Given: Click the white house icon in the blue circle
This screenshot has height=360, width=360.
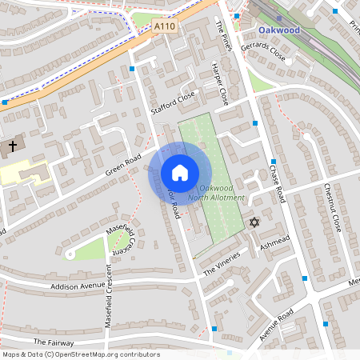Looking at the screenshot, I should (x=180, y=172).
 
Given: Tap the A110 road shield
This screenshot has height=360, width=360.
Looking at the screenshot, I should (x=164, y=26).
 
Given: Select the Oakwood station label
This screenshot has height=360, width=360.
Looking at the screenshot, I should (x=279, y=30).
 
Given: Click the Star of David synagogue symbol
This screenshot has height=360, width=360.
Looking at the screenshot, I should (x=254, y=222).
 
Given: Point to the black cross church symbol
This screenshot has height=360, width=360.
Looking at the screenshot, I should (x=13, y=147).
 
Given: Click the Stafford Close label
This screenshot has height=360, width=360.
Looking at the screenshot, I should (x=173, y=102).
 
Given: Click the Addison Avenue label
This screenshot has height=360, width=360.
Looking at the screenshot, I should (x=78, y=286).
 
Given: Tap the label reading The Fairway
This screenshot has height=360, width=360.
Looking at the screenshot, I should (x=54, y=342).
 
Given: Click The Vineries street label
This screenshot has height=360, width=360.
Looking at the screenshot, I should (x=222, y=264).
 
